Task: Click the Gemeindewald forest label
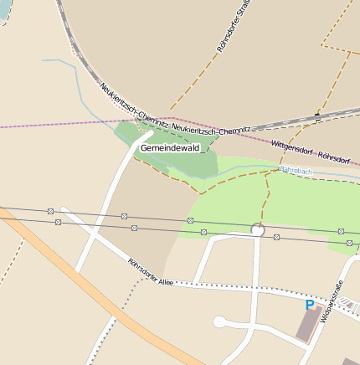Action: pyautogui.click(x=170, y=148)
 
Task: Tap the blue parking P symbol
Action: pyautogui.click(x=310, y=306)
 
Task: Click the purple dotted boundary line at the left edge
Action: pyautogui.click(x=33, y=126)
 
